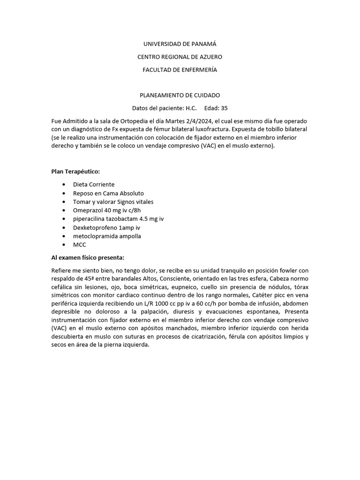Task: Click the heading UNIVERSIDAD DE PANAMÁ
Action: coord(180,44)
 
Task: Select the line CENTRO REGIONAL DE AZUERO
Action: coord(180,57)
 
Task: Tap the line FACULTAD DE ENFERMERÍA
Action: coord(180,70)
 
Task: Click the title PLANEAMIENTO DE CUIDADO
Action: coord(180,95)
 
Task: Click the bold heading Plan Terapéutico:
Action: coord(75,172)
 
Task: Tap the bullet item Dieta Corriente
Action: coord(94,185)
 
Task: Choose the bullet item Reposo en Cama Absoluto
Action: coord(108,193)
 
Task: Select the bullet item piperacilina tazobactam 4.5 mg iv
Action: coord(118,219)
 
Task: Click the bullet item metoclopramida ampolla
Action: coord(107,236)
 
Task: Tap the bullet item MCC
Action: coord(80,245)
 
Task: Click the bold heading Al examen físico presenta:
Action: coord(88,258)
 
